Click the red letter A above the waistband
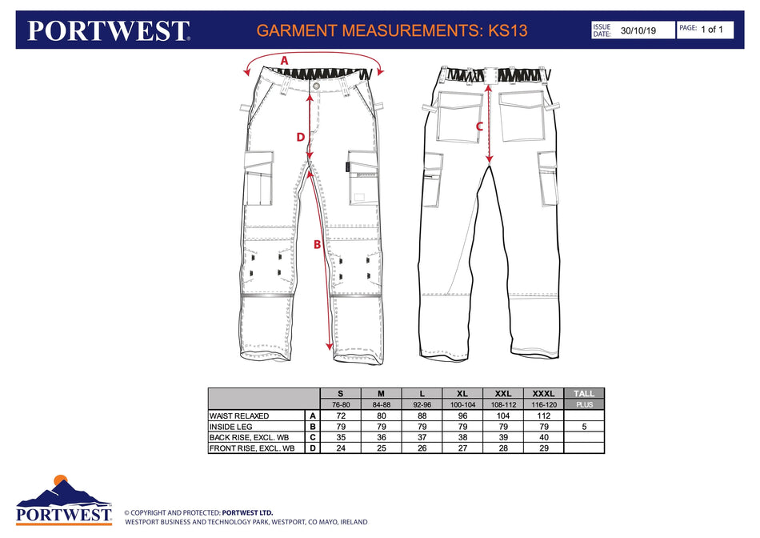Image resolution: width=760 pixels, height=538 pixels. (x=285, y=61)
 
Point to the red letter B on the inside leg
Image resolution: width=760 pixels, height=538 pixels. (x=317, y=244)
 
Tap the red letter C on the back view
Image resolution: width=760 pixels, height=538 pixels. (x=479, y=126)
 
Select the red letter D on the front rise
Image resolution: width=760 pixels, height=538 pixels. (x=301, y=137)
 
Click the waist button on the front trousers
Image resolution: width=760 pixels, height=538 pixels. (x=317, y=86)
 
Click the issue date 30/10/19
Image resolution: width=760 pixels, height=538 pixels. (x=638, y=30)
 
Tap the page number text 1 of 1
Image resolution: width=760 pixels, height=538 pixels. (x=711, y=30)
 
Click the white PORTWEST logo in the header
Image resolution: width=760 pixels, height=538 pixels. (x=108, y=31)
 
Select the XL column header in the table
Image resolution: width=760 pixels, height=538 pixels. (x=462, y=393)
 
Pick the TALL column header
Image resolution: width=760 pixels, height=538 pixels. (x=584, y=393)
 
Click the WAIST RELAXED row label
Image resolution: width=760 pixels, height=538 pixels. (x=239, y=416)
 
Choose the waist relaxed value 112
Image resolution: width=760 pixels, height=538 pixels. (x=544, y=416)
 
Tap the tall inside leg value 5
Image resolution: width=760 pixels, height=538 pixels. (x=584, y=427)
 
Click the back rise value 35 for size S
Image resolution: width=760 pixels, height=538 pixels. (x=341, y=438)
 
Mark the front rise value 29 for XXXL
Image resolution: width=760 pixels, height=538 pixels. (x=544, y=449)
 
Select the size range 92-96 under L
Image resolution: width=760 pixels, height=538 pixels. (x=422, y=405)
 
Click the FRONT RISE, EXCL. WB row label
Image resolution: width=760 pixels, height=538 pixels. (x=252, y=449)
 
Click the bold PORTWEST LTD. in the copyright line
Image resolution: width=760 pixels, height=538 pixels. (x=247, y=512)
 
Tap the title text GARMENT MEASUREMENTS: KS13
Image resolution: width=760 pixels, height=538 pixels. (x=392, y=30)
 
